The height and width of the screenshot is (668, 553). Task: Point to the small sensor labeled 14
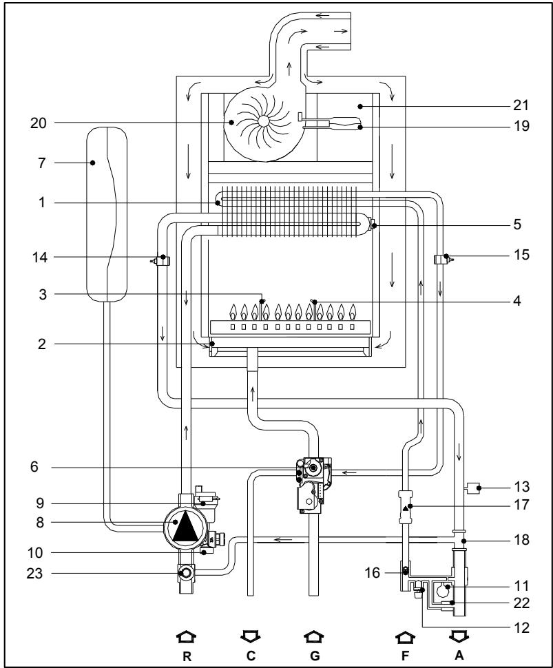point(163,260)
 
